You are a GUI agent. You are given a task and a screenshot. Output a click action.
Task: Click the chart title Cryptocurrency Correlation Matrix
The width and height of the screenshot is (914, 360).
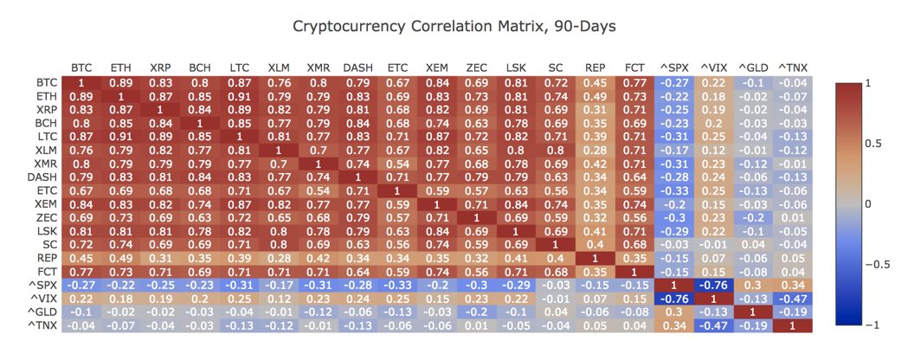click(x=454, y=27)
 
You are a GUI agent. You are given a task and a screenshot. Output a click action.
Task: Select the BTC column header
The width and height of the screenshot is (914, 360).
click(x=82, y=67)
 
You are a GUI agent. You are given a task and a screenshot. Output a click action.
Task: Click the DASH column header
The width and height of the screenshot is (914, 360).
click(x=357, y=67)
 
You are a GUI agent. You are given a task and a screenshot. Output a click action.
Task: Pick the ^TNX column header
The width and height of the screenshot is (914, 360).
click(x=793, y=67)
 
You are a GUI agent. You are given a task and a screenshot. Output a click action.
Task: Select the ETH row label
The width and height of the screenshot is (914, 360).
click(x=48, y=96)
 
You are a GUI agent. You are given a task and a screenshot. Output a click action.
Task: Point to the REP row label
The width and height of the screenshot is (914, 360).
click(x=48, y=258)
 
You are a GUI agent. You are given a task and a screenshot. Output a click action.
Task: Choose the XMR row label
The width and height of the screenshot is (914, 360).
click(x=48, y=164)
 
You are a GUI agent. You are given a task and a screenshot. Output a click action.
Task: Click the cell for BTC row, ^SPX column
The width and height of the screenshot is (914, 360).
click(x=674, y=83)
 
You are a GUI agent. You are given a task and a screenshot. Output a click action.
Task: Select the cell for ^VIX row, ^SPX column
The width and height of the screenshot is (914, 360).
click(x=674, y=299)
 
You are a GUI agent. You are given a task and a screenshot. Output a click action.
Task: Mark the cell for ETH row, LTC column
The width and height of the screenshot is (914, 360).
click(x=240, y=96)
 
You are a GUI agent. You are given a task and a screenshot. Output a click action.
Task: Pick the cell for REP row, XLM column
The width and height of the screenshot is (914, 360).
click(x=279, y=258)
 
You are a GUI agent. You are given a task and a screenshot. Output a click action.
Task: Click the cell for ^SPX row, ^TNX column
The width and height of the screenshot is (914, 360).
click(x=793, y=285)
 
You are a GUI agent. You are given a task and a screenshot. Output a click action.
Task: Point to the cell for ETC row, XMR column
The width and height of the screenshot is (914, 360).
click(x=319, y=190)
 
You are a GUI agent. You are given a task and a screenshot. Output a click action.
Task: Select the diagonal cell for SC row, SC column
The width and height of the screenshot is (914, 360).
click(x=556, y=245)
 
